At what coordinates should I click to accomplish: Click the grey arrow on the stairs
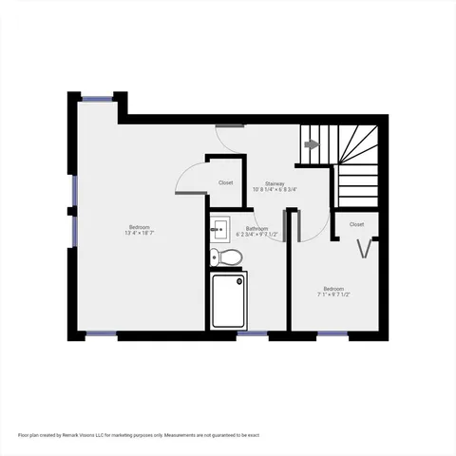pos(311,144)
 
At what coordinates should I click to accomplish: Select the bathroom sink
pos(218,228)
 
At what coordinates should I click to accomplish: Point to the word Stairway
pos(275,182)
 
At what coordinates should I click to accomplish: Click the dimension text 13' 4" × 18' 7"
pos(139,233)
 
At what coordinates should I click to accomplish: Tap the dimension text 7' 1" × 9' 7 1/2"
pos(333,294)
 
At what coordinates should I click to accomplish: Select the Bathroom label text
pos(256,228)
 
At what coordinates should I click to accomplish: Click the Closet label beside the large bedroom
pos(226,182)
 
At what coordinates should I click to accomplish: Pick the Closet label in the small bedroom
pos(356,224)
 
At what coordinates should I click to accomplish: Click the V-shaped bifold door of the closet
pos(364,249)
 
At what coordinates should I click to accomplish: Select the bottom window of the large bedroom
pos(102,333)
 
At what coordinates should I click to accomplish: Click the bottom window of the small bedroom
pos(332,333)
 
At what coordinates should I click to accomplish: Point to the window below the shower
pos(251,333)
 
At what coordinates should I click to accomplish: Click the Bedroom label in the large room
pos(139,226)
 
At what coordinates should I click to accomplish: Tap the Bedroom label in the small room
pos(333,288)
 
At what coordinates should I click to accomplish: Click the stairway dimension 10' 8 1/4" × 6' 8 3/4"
pos(275,189)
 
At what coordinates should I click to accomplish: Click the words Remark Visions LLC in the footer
pos(85,435)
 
